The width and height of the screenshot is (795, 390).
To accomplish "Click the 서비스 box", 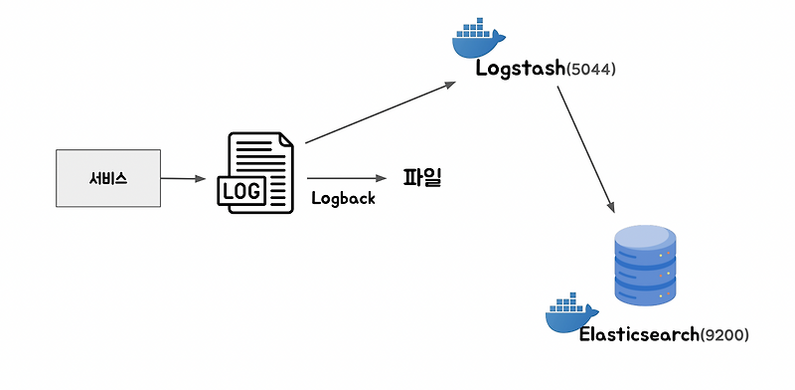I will coord(107,178).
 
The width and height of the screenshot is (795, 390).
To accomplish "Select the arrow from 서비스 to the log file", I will coord(184,179).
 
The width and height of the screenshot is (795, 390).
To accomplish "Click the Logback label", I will coord(343,198).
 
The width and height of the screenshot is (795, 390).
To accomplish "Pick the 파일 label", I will coord(421,178).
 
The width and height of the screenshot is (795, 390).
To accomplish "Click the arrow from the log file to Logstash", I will coord(378,112).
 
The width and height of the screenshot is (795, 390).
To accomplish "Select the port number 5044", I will coord(593,70).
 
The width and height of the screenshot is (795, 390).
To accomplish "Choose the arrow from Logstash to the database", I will coord(585,149).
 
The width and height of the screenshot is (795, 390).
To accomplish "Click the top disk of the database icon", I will coord(645,240).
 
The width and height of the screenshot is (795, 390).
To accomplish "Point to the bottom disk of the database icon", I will coord(645,291).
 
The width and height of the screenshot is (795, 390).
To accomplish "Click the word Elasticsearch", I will coord(639,335).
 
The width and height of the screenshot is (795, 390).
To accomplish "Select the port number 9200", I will coord(724,335).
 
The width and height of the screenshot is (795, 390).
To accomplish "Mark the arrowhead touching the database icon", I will coord(612,207).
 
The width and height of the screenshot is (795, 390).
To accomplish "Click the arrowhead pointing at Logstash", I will coord(448,86).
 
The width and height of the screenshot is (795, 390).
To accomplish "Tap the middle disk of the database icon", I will coord(645,267).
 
